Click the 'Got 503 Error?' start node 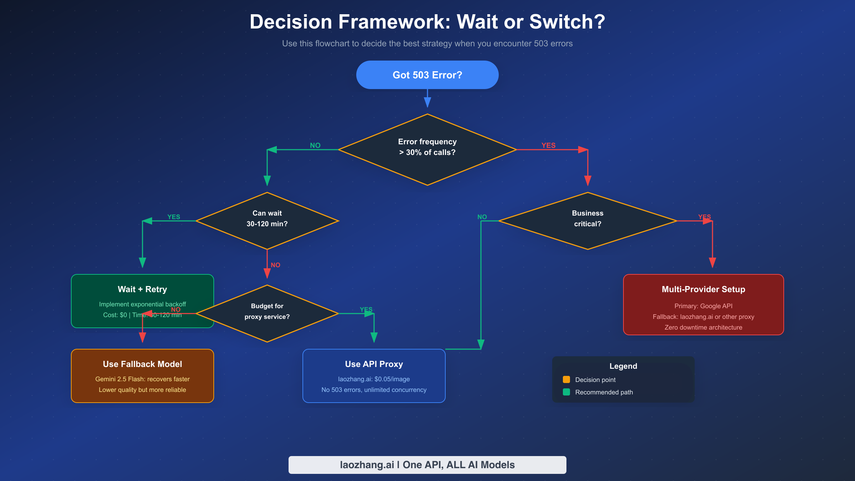pyautogui.click(x=427, y=75)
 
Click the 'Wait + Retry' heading pyautogui.click(x=142, y=289)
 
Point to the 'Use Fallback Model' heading pyautogui.click(x=142, y=364)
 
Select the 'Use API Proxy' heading pyautogui.click(x=374, y=364)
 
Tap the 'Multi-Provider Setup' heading pyautogui.click(x=703, y=289)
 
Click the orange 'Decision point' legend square pyautogui.click(x=566, y=379)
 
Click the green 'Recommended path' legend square pyautogui.click(x=566, y=392)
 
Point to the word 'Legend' pyautogui.click(x=623, y=366)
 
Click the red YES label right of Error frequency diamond pyautogui.click(x=548, y=145)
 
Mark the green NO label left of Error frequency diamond pyautogui.click(x=315, y=145)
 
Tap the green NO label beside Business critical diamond pyautogui.click(x=482, y=217)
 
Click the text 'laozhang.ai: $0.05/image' pyautogui.click(x=374, y=379)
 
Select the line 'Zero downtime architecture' pyautogui.click(x=703, y=327)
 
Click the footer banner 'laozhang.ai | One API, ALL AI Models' pyautogui.click(x=427, y=465)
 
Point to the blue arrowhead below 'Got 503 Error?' pyautogui.click(x=427, y=103)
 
